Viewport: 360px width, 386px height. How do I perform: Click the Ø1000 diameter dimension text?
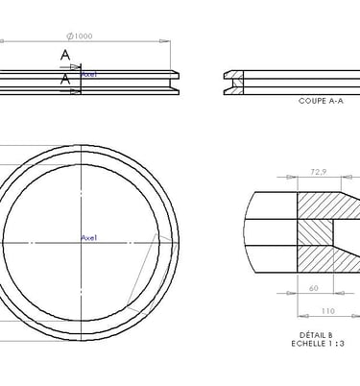coord(80,36)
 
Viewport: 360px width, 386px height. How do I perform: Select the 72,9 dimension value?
coord(319,172)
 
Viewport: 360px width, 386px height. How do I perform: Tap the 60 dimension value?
coord(314,288)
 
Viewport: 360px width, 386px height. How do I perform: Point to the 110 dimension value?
coord(328,311)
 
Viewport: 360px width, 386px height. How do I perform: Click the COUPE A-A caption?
coord(321,101)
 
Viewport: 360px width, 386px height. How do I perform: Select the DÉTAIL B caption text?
coord(316,335)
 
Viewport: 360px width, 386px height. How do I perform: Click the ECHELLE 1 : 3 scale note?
coord(318,344)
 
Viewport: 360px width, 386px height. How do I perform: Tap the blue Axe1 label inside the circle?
coord(89,238)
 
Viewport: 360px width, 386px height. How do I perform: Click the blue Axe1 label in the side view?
coord(89,75)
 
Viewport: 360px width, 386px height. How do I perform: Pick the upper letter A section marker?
coord(65,55)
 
